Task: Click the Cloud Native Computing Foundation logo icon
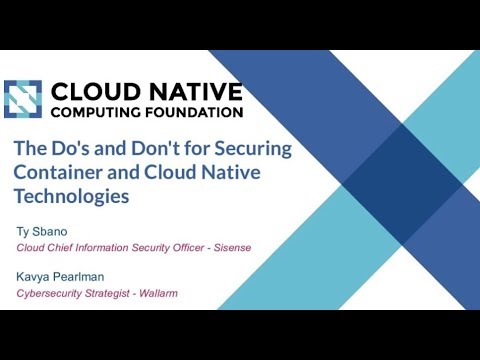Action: (x=25, y=98)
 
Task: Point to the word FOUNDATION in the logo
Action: (x=196, y=111)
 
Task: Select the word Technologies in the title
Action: (x=71, y=197)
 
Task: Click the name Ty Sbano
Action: (x=44, y=233)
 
